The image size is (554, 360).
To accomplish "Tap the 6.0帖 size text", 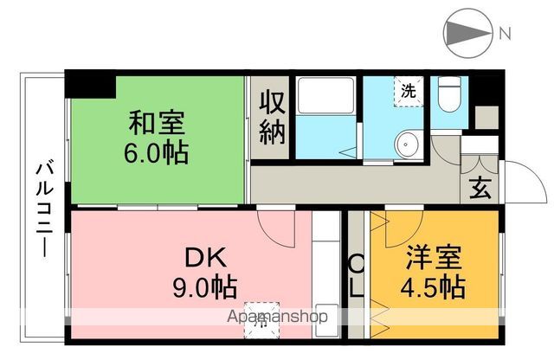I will [x=158, y=153].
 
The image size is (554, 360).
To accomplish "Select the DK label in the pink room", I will [x=204, y=257].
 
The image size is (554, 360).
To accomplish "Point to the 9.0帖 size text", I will [x=204, y=286].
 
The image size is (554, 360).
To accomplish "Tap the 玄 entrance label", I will [x=480, y=188].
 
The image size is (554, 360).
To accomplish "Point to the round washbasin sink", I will [x=404, y=144].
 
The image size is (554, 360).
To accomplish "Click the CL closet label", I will [x=357, y=275].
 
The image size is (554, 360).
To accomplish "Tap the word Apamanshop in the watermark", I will [x=277, y=317].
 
